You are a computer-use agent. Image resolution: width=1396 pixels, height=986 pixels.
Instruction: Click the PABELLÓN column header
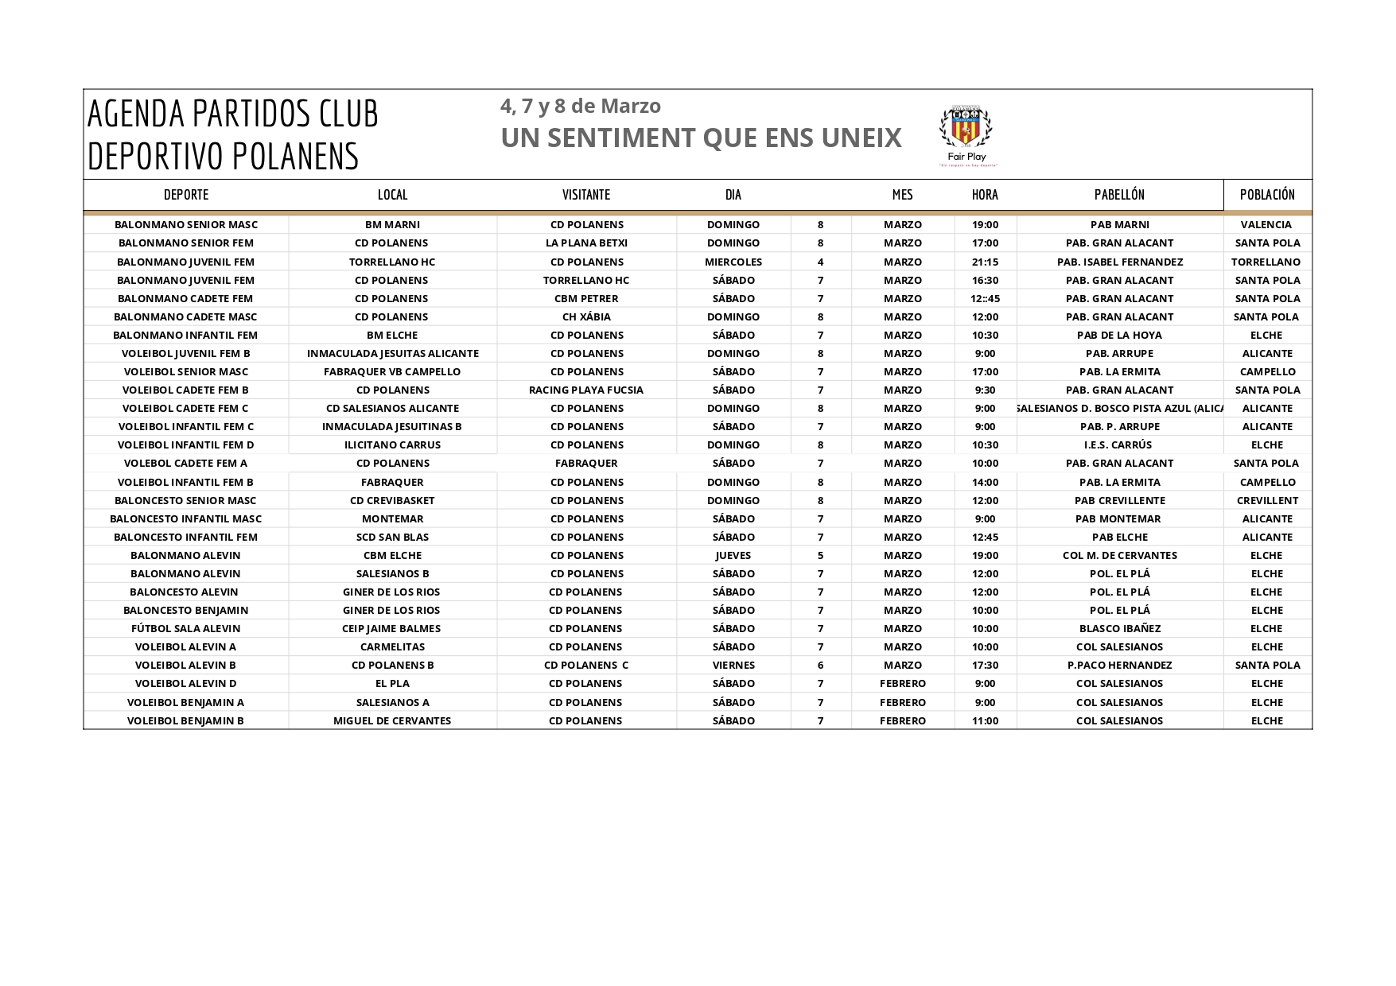1119,195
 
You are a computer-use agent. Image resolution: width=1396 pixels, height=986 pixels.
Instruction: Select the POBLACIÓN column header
1267,195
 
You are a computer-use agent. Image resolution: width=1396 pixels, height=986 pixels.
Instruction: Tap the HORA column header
985,195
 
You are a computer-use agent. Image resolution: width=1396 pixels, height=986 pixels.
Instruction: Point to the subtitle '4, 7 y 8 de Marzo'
581,106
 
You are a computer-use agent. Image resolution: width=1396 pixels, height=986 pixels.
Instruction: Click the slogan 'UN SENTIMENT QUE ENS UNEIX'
701,138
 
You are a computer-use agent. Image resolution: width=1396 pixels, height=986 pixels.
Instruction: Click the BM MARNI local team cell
392,225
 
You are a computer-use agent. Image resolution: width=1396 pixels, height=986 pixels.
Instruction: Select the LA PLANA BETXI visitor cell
586,243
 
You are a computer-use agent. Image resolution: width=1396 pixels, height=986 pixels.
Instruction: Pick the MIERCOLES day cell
733,262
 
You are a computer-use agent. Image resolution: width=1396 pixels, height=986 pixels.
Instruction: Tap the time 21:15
985,262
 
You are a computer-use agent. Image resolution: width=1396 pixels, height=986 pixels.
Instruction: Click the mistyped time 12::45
985,298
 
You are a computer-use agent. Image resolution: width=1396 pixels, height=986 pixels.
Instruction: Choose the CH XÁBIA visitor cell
586,316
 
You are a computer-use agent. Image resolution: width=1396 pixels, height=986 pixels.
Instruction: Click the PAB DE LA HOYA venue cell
1119,335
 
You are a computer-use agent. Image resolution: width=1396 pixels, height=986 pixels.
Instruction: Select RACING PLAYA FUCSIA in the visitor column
586,390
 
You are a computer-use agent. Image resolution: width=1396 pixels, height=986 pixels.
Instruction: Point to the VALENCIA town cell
1266,225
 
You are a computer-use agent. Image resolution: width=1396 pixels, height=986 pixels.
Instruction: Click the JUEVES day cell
733,555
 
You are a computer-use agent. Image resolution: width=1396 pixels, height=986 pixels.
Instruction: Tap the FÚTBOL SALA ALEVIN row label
185,628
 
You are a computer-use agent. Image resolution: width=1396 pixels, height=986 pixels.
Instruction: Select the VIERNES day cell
733,665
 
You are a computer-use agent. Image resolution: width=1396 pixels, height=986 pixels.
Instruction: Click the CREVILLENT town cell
1267,500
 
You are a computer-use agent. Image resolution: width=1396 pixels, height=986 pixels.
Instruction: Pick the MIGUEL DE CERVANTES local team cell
392,720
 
